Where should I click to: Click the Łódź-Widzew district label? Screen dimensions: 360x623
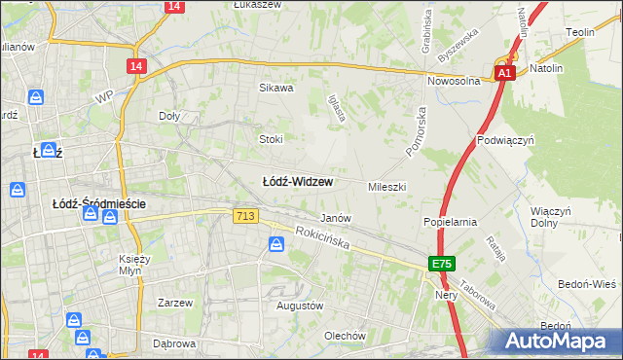299,182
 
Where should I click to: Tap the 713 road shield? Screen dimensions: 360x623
245,216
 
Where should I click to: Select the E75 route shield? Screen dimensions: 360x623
443,265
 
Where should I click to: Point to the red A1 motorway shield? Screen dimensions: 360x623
504,74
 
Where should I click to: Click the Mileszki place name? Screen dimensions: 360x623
386,186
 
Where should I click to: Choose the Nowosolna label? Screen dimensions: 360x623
453,82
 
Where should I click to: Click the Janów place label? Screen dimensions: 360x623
336,218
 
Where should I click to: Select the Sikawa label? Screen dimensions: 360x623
275,88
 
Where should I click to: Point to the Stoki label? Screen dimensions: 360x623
271,139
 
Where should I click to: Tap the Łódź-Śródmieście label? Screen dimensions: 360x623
97,203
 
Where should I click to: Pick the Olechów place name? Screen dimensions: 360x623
345,336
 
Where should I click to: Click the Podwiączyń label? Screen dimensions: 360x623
506,140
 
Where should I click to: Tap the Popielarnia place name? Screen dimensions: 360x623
450,222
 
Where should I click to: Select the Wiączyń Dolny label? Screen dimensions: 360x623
550,217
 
